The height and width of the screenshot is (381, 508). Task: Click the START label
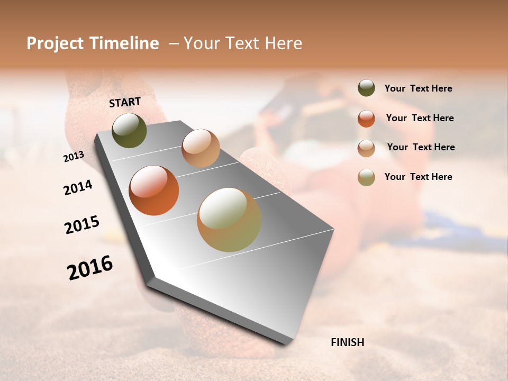pos(125,102)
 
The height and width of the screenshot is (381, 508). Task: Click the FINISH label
pos(347,342)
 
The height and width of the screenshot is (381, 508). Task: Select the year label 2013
pos(74,156)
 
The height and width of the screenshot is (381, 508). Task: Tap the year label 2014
pos(78,187)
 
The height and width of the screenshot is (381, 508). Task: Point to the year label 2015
pos(82,224)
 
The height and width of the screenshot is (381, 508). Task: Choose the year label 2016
pos(90,268)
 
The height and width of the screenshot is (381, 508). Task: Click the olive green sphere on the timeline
pos(129,130)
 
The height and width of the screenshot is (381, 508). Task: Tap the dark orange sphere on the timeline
pos(153,190)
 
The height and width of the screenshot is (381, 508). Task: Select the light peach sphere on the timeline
pos(201,148)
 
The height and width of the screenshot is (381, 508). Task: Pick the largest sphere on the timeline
pos(229,220)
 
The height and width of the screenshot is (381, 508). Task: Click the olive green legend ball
pos(366,88)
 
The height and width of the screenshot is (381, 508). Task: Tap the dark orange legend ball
pos(366,119)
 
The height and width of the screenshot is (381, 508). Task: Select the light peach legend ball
pos(366,148)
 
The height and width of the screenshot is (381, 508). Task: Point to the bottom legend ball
pos(366,177)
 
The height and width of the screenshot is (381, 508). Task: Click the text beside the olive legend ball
pos(418,88)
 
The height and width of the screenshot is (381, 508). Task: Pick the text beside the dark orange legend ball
pos(420,118)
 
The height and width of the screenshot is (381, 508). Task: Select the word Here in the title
pos(284,43)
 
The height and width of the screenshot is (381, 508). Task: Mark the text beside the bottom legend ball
pos(418,177)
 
